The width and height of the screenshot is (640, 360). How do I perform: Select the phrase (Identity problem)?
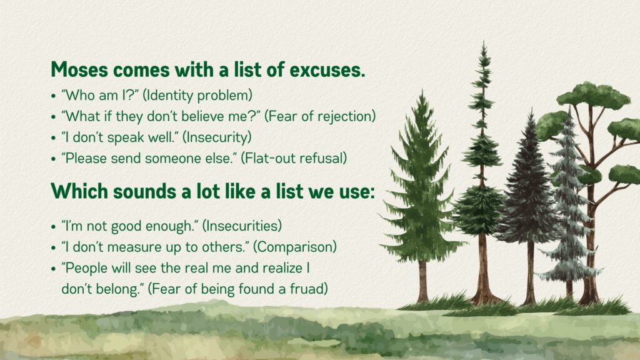click(197, 96)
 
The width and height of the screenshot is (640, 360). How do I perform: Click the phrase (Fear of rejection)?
click(320, 116)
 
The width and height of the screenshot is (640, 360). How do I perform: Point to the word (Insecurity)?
click(217, 137)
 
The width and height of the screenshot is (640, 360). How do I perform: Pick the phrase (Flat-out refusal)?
click(294, 158)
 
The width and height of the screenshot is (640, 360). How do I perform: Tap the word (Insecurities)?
click(242, 226)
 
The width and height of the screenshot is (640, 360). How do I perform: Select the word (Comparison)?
click(295, 247)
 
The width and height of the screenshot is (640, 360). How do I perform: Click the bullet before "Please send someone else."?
click(54, 159)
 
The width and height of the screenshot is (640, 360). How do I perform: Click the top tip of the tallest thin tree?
click(484, 41)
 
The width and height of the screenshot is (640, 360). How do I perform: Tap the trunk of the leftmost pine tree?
click(423, 282)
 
